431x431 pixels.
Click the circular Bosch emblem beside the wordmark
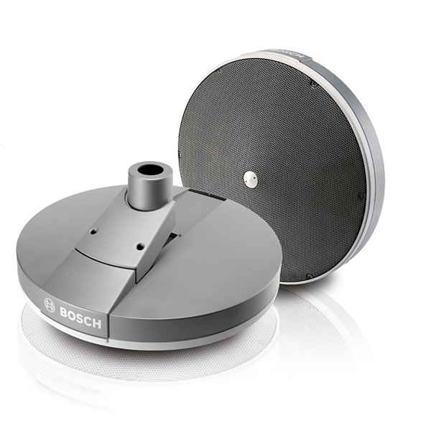click(x=50, y=305)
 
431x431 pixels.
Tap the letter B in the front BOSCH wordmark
click(x=65, y=312)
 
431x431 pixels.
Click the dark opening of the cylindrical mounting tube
click(x=150, y=170)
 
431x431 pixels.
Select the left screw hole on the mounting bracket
click(x=94, y=231)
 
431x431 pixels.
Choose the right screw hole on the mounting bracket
click(x=141, y=246)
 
